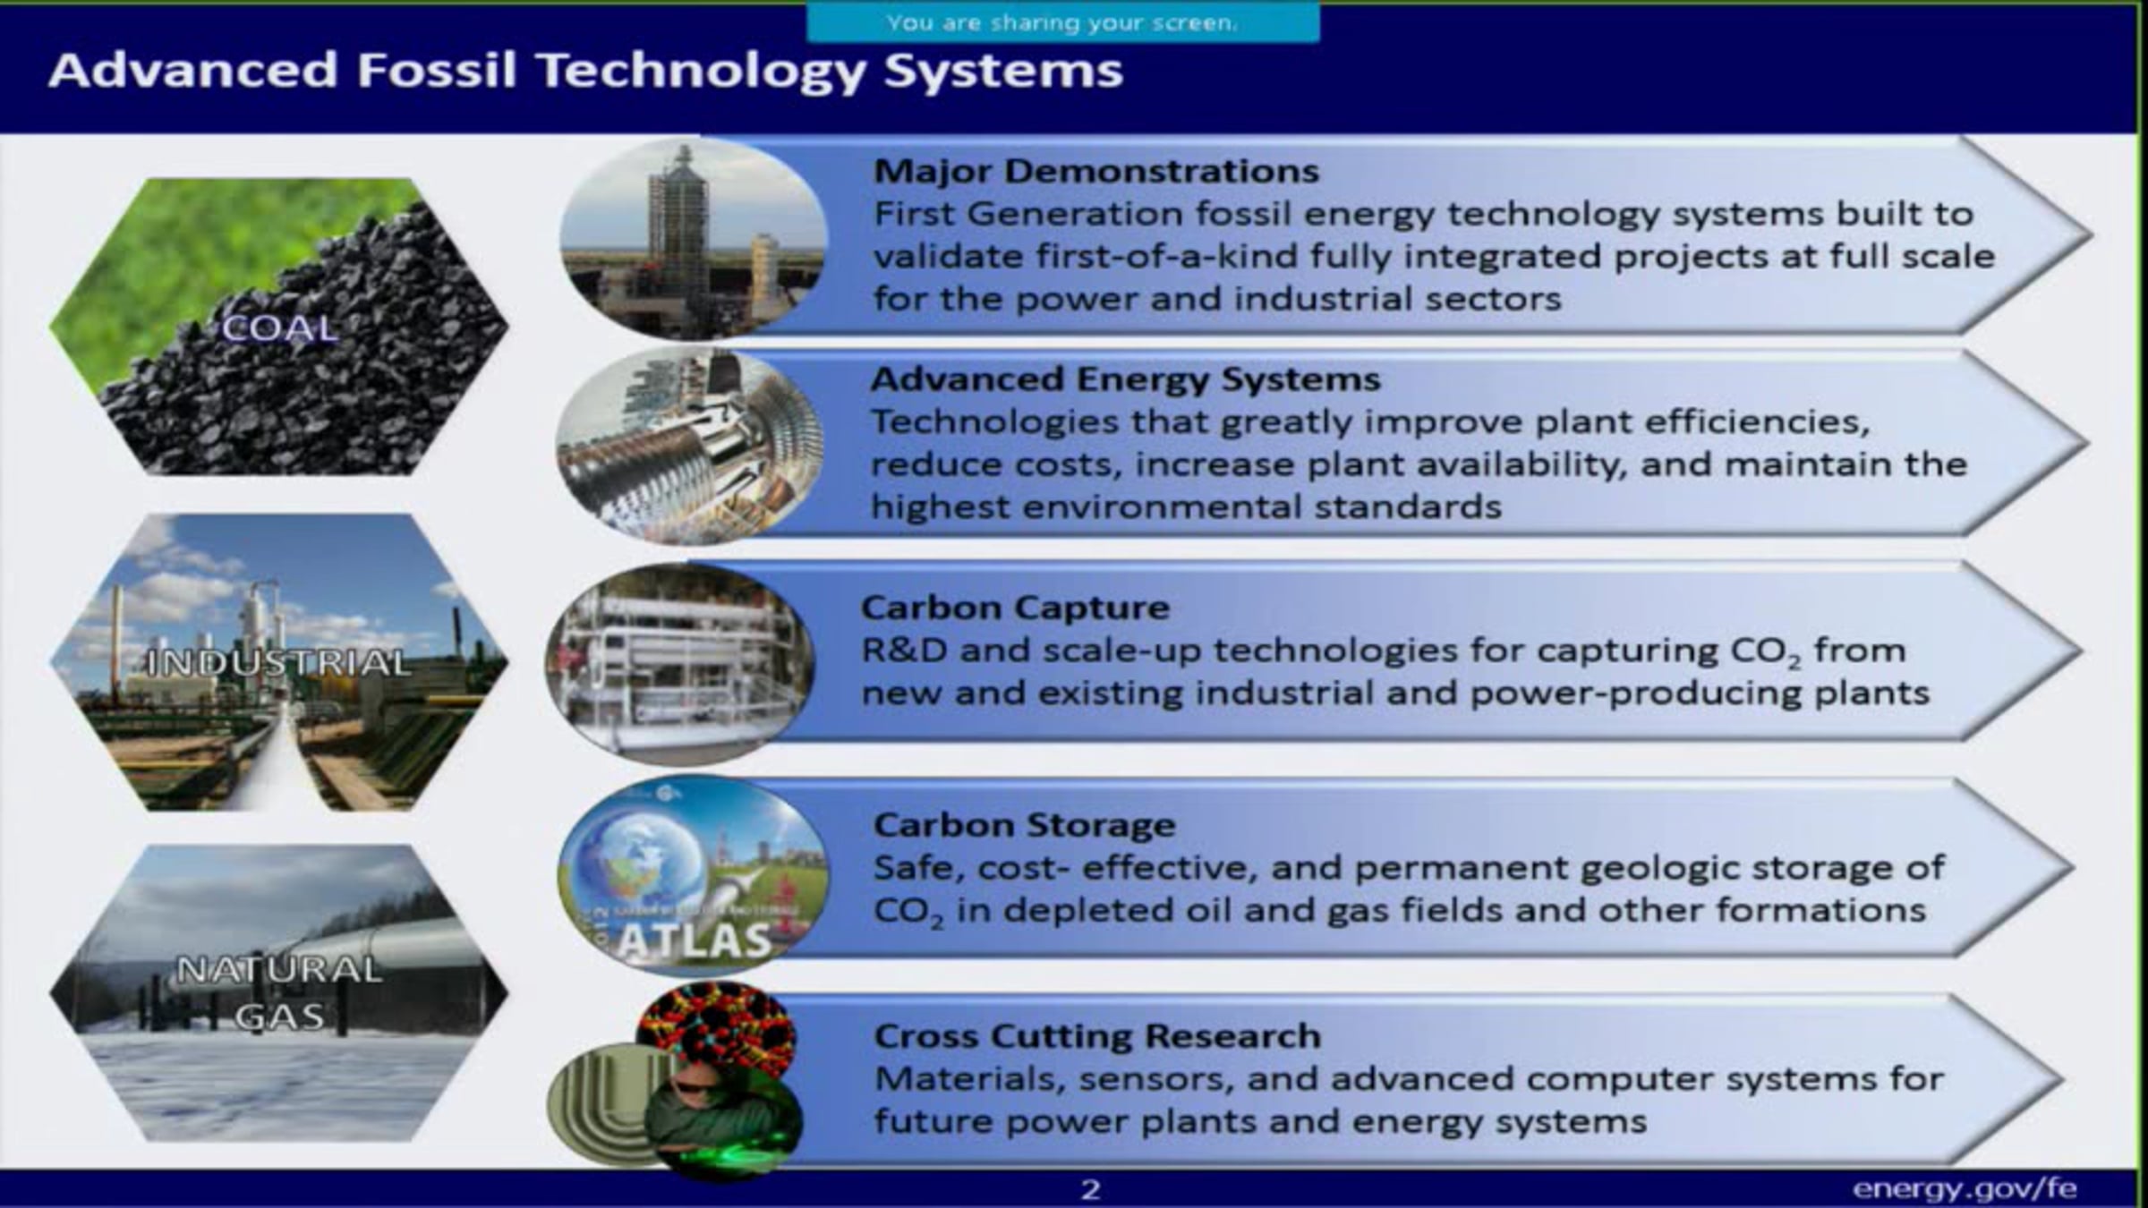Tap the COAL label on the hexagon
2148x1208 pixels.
pyautogui.click(x=280, y=328)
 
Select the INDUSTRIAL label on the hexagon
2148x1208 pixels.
pyautogui.click(x=278, y=663)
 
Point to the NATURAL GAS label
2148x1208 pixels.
pyautogui.click(x=279, y=992)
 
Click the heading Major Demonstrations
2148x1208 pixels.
pyautogui.click(x=1096, y=171)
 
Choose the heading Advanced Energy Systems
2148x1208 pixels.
pyautogui.click(x=1126, y=379)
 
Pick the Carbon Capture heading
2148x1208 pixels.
pyautogui.click(x=1015, y=608)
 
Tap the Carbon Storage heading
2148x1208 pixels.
pyautogui.click(x=1024, y=825)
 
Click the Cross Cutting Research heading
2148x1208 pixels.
pyautogui.click(x=1097, y=1036)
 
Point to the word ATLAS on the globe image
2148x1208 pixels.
pyautogui.click(x=694, y=940)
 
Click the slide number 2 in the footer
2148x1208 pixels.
pyautogui.click(x=1090, y=1189)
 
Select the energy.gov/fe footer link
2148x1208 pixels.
pyautogui.click(x=1964, y=1188)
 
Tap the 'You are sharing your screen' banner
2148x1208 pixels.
pyautogui.click(x=1062, y=22)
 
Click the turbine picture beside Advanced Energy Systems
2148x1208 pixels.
pyautogui.click(x=690, y=446)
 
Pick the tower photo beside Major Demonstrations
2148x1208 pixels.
pyautogui.click(x=694, y=238)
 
